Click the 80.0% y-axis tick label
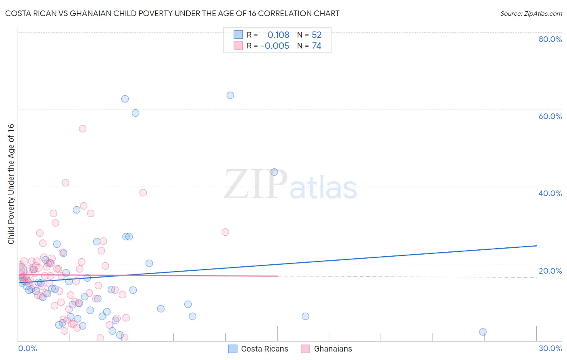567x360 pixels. pos(550,39)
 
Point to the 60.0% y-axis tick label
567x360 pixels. pos(550,116)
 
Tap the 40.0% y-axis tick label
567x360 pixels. pos(550,193)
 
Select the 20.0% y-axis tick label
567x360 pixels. pos(550,271)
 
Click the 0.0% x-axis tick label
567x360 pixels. pos(27,348)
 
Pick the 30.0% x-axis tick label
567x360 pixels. pos(550,348)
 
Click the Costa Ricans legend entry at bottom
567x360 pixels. pos(258,349)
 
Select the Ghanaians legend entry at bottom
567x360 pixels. pos(327,349)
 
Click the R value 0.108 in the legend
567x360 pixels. pos(278,35)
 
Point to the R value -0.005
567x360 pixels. pos(275,46)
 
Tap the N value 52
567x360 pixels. pos(317,35)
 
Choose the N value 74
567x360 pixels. pos(317,46)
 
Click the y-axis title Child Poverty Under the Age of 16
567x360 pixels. pos(11,184)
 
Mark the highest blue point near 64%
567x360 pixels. pos(230,95)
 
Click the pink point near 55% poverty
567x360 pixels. pos(83,129)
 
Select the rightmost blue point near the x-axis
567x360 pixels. pos(483,332)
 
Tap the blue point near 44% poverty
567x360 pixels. pos(274,172)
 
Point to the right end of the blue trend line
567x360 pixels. pos(536,246)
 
